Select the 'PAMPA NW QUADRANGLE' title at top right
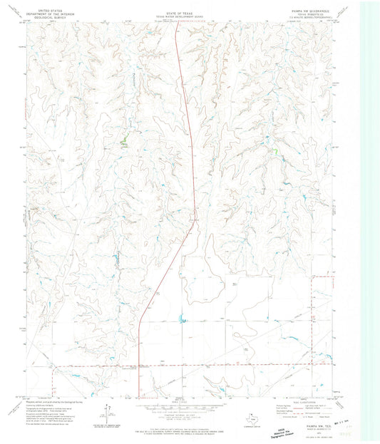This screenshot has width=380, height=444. (314, 6)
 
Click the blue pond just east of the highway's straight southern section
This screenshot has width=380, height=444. (180, 319)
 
